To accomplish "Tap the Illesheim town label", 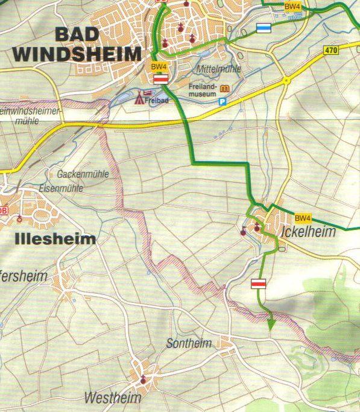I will pyautogui.click(x=54, y=239).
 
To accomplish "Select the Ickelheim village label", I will pyautogui.click(x=308, y=232).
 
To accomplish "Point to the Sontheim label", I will pyautogui.click(x=189, y=344).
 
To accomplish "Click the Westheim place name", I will pyautogui.click(x=113, y=398).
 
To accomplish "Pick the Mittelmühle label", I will pyautogui.click(x=218, y=69).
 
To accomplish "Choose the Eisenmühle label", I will pyautogui.click(x=61, y=188).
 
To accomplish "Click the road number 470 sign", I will pyautogui.click(x=330, y=51).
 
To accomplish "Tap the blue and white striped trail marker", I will pyautogui.click(x=264, y=27).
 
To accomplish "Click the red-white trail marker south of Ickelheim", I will pyautogui.click(x=258, y=284).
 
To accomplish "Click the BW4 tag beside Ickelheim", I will pyautogui.click(x=302, y=218).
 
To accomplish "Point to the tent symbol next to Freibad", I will pyautogui.click(x=139, y=97).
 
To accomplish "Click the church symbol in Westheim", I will pyautogui.click(x=143, y=379).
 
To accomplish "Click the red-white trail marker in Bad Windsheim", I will pyautogui.click(x=160, y=79).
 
